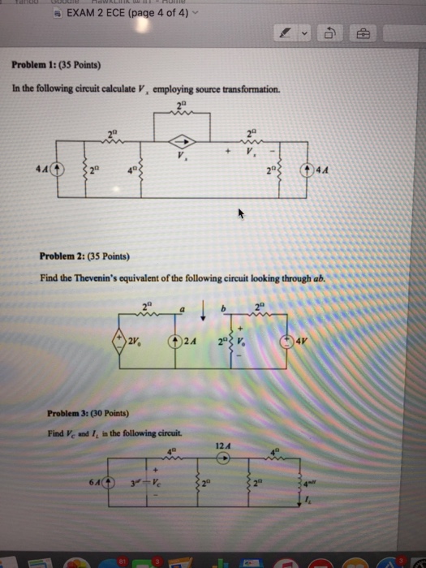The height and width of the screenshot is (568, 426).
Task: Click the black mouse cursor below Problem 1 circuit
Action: tap(240, 215)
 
